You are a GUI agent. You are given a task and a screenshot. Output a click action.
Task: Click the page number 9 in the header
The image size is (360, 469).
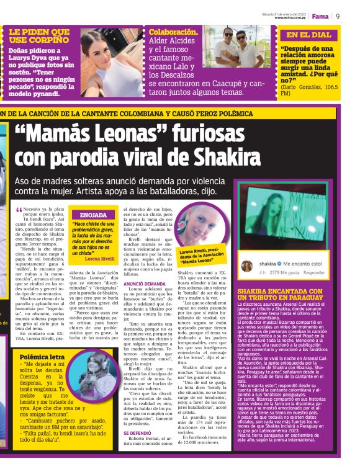338,16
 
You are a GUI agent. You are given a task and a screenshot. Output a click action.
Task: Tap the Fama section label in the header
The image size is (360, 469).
320,16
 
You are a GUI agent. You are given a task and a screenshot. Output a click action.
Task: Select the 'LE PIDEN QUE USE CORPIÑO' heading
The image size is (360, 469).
39,35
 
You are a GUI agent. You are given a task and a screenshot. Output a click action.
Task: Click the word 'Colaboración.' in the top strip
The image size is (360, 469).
173,32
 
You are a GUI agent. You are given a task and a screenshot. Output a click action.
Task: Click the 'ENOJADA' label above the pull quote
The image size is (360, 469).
93,215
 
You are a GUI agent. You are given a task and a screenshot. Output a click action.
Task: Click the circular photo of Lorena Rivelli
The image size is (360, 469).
199,225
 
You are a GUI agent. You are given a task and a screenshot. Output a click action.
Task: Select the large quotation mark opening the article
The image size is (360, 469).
19,210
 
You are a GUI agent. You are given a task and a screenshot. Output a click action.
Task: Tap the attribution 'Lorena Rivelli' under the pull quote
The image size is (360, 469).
99,259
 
